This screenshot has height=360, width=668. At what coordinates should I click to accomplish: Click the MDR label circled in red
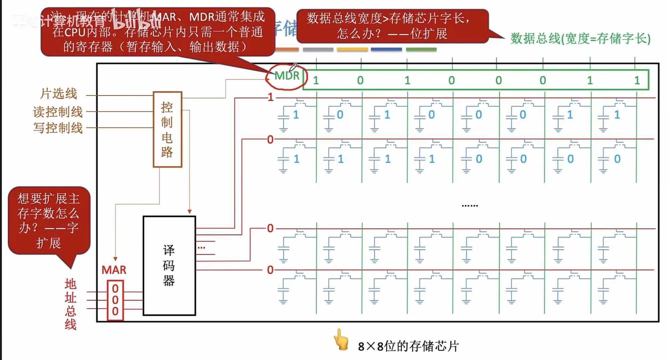(x=286, y=76)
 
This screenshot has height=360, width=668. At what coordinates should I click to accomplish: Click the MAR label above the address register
(x=114, y=270)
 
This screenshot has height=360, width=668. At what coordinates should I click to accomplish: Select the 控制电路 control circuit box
(x=167, y=129)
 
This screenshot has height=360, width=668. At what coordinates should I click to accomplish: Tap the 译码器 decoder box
(x=169, y=266)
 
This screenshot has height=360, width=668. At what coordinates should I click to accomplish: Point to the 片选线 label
(x=59, y=94)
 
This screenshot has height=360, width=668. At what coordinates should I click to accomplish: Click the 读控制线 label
(x=58, y=112)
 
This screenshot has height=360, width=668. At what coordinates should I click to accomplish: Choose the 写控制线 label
(x=58, y=128)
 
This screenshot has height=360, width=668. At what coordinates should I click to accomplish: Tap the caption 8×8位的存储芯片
(x=409, y=346)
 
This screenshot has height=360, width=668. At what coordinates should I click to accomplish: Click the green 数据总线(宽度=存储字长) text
(x=580, y=39)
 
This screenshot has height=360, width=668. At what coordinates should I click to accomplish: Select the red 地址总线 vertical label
(x=70, y=304)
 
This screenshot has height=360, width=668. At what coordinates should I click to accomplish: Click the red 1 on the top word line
(x=270, y=97)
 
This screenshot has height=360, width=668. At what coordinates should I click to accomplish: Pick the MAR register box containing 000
(x=115, y=300)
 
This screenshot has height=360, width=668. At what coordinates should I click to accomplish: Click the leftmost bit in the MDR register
(x=316, y=80)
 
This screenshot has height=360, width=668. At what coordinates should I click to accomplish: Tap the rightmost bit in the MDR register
(x=637, y=80)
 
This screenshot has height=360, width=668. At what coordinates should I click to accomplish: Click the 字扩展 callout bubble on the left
(x=49, y=221)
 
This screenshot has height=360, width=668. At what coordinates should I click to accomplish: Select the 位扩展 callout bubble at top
(x=392, y=26)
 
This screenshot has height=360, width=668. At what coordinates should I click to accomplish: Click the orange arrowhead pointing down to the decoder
(x=189, y=212)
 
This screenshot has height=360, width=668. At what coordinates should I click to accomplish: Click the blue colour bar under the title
(x=386, y=49)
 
